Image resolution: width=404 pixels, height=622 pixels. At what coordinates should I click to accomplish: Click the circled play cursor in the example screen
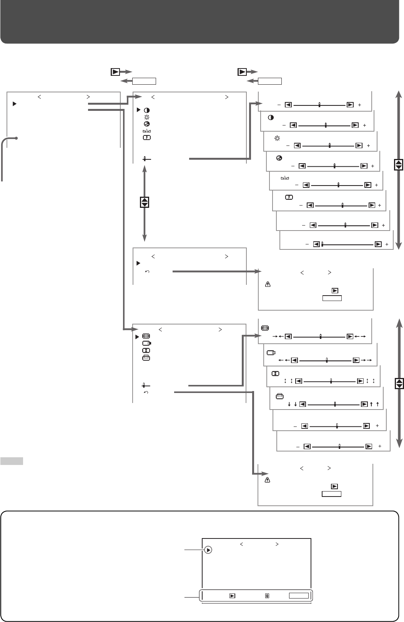click(x=208, y=550)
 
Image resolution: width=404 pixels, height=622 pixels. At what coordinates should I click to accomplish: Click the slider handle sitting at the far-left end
click(x=322, y=244)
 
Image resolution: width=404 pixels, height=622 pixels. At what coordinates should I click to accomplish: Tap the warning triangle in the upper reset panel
click(x=268, y=285)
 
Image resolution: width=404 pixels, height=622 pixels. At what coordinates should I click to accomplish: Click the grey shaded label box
click(x=12, y=461)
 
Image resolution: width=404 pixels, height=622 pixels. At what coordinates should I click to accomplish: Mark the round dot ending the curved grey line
click(x=17, y=138)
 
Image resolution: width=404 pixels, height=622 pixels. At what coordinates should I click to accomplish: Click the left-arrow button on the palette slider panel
click(x=302, y=166)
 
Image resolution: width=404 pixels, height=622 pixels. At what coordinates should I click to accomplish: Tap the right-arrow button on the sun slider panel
click(x=359, y=145)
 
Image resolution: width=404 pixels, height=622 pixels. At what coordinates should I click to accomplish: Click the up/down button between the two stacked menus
click(x=145, y=202)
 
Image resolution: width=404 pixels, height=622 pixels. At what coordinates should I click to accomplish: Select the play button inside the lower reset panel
click(x=334, y=487)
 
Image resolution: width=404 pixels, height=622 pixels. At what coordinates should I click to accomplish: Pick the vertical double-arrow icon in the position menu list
click(x=146, y=351)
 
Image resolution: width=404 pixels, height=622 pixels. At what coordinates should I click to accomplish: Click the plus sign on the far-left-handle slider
click(x=387, y=244)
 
